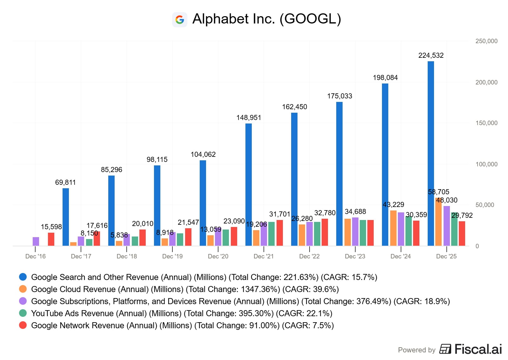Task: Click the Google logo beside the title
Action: coord(180,20)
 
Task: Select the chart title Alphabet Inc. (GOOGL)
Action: coord(266,19)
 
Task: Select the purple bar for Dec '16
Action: coord(36,241)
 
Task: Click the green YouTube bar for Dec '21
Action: coord(271,234)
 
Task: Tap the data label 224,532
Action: coord(431,56)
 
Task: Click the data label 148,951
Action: coord(249,118)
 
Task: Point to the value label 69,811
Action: coord(65,183)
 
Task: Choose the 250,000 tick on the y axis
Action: coord(486,41)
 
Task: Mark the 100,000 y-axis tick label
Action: coord(486,164)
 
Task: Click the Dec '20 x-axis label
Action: coord(218,257)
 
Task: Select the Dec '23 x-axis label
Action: coord(355,257)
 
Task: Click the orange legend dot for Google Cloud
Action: coord(23,289)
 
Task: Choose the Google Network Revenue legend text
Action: coord(182,325)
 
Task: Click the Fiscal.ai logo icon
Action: coord(445,349)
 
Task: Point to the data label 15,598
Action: coord(51,227)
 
